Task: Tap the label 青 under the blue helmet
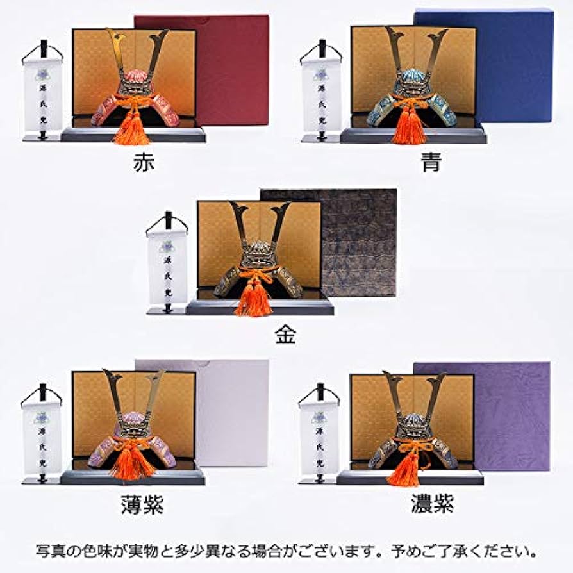(431, 162)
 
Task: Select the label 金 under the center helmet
(285, 335)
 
